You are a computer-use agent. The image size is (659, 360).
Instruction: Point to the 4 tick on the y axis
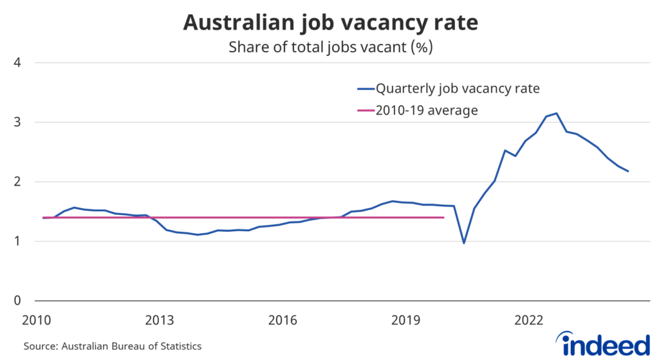coord(19,62)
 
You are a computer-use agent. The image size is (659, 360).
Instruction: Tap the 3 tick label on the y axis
coord(19,122)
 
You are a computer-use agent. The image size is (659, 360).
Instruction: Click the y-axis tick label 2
coord(19,182)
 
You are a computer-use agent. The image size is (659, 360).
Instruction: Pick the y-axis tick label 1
coord(19,242)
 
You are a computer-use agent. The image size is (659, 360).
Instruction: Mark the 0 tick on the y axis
coord(19,301)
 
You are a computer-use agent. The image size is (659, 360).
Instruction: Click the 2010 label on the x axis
coord(36,319)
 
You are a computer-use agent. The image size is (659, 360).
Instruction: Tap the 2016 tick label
coord(283,319)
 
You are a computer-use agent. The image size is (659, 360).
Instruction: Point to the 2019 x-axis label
coord(406,319)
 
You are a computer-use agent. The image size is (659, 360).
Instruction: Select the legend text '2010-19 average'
coord(427,110)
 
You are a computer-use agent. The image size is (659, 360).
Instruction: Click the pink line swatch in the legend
coord(365,110)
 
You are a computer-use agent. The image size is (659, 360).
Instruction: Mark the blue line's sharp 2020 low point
coord(463,243)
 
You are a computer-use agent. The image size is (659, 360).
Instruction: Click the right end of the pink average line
coord(444,218)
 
